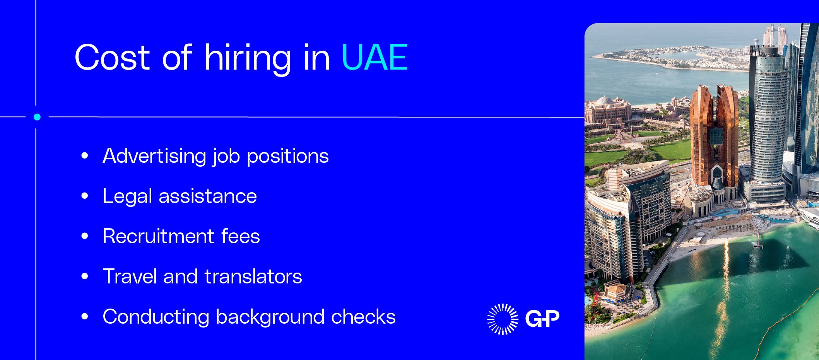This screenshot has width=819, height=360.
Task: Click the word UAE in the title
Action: [374, 57]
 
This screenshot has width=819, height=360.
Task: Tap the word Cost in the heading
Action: [112, 57]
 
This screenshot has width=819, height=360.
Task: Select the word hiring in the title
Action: [248, 58]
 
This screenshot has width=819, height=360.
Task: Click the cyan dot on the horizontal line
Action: [37, 117]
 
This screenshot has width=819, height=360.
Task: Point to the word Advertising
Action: [154, 156]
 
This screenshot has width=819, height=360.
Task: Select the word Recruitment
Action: [158, 236]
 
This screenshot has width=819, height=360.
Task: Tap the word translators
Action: [253, 276]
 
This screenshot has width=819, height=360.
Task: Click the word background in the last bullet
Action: [270, 317]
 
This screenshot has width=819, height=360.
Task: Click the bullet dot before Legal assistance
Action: [85, 196]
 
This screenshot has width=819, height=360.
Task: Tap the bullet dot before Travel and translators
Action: [85, 276]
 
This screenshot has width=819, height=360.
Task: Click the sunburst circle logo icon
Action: [503, 319]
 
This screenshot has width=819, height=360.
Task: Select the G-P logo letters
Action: [542, 319]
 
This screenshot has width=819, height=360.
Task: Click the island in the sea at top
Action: [669, 58]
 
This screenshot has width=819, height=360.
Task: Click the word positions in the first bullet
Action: [287, 157]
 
